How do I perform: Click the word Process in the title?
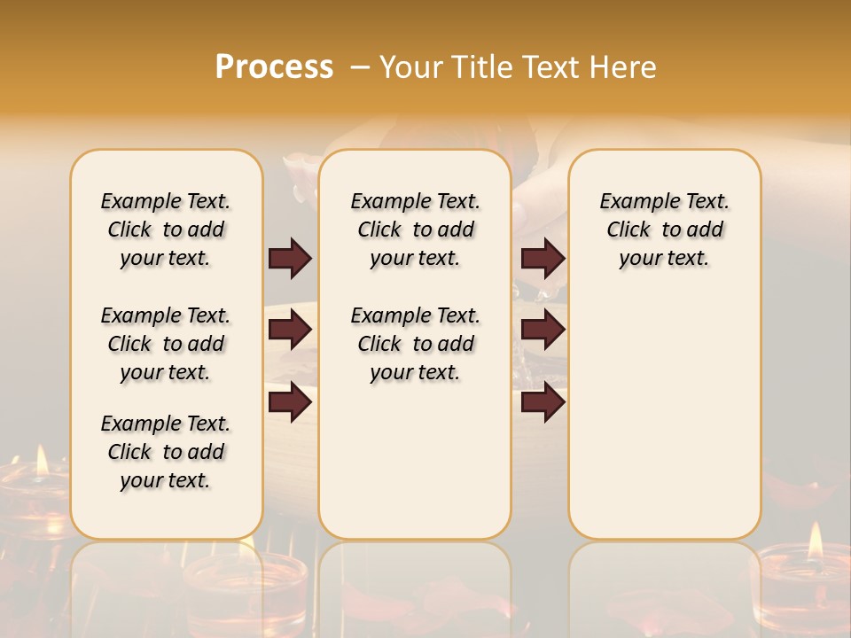pyautogui.click(x=274, y=67)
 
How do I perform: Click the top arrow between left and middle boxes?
pyautogui.click(x=290, y=259)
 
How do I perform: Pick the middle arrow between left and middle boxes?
pyautogui.click(x=290, y=331)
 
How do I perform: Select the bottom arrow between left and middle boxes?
pyautogui.click(x=290, y=402)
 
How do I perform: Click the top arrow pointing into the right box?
pyautogui.click(x=543, y=259)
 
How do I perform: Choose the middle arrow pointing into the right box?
pyautogui.click(x=543, y=331)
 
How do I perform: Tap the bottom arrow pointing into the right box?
pyautogui.click(x=543, y=402)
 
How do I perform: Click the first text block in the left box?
pyautogui.click(x=166, y=230)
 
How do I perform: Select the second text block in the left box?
pyautogui.click(x=166, y=344)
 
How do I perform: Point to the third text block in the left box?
pyautogui.click(x=166, y=452)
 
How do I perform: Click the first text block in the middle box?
pyautogui.click(x=415, y=230)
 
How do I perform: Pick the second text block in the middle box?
pyautogui.click(x=415, y=344)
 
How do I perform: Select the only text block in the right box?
pyautogui.click(x=664, y=230)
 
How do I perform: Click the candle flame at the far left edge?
pyautogui.click(x=41, y=461)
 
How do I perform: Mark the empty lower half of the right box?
pyautogui.click(x=664, y=416)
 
